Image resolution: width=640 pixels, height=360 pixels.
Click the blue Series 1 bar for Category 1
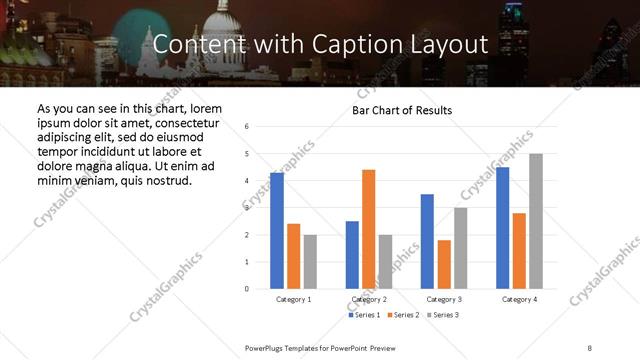(x=277, y=231)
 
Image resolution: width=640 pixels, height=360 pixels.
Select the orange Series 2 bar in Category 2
(x=368, y=229)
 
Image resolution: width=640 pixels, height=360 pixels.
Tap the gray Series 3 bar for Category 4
(x=536, y=221)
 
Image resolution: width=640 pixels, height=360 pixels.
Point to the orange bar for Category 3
(x=444, y=264)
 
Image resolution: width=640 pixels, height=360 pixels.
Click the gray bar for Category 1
(x=310, y=262)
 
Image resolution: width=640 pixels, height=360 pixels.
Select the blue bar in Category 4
(x=502, y=228)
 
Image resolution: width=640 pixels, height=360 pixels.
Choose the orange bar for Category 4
(x=519, y=250)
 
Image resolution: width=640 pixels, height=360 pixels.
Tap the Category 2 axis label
(x=369, y=299)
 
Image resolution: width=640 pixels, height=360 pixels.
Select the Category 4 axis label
(x=519, y=299)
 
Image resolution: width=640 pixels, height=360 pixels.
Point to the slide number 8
(x=589, y=347)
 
